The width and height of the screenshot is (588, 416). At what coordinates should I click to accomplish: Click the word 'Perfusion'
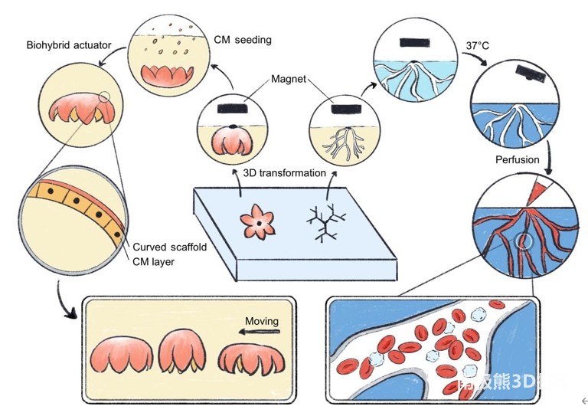tap(518, 160)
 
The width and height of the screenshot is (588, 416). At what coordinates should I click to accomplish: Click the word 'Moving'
tap(265, 320)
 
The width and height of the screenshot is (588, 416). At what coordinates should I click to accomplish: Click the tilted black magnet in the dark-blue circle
tap(531, 72)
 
